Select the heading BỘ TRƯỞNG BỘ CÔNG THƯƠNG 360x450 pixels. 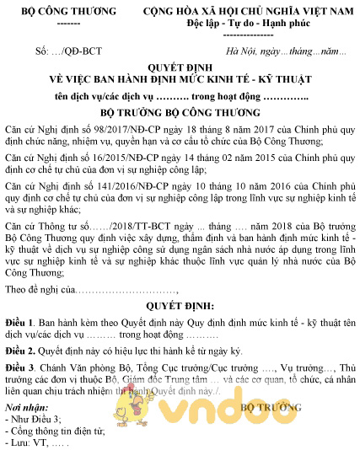[x=180, y=111]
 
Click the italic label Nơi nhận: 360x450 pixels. [x=28, y=406]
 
